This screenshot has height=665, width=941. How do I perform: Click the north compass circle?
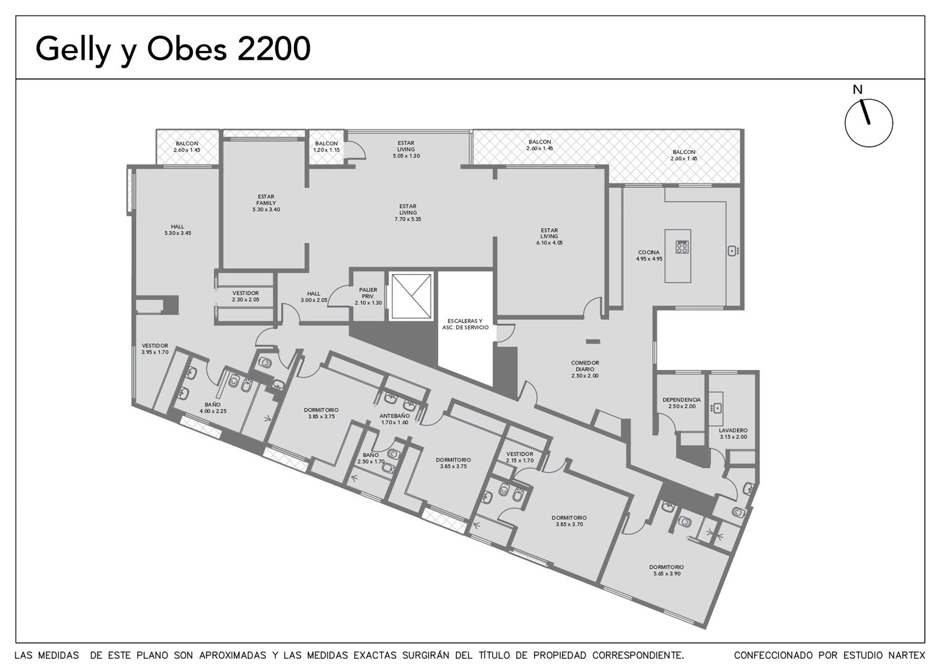click(x=846, y=123)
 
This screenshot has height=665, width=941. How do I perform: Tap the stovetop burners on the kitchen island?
click(x=682, y=246)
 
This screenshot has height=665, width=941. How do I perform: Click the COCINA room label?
click(x=648, y=252)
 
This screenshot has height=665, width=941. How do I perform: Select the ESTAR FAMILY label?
click(x=266, y=199)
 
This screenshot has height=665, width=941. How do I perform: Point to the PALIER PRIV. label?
click(x=368, y=293)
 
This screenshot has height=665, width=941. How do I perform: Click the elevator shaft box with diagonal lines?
click(x=410, y=297)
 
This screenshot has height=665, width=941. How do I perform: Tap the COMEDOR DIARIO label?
click(x=585, y=366)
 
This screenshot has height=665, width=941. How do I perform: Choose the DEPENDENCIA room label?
click(x=681, y=400)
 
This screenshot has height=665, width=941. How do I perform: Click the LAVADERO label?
click(x=733, y=430)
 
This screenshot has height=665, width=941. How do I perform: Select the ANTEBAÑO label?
click(x=395, y=416)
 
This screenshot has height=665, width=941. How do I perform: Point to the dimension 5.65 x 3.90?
click(x=667, y=573)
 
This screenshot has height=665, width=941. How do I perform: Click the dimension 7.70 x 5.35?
click(x=408, y=219)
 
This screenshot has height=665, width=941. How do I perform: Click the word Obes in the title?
click(x=187, y=49)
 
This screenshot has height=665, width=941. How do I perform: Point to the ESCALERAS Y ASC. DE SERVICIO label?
click(x=465, y=324)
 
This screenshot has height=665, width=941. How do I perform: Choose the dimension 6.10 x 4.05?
click(x=549, y=243)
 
